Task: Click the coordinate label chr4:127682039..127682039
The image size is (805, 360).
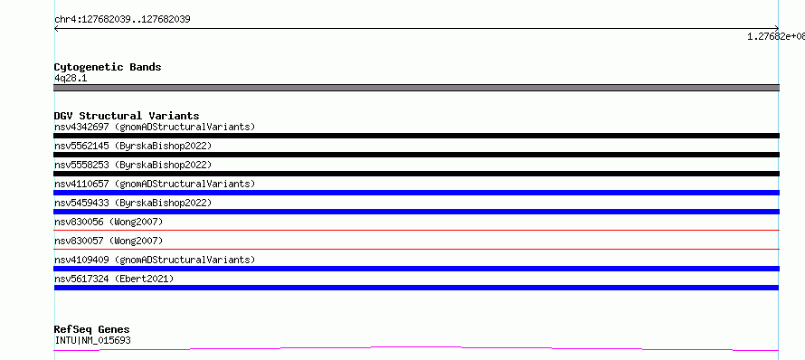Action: coord(122,20)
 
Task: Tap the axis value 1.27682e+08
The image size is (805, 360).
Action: coord(776,36)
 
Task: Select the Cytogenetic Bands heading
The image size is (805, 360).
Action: coord(108,67)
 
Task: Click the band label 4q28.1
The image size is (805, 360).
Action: coord(71,79)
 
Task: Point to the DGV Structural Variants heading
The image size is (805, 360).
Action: coord(127,116)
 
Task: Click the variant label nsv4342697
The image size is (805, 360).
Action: coord(81,127)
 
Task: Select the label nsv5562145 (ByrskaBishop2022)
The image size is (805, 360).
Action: coord(133,146)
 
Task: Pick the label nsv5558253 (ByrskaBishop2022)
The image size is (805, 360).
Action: coord(133,165)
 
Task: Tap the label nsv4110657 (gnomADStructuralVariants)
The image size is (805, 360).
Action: coord(155,184)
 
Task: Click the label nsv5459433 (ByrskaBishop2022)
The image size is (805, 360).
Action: coord(133,203)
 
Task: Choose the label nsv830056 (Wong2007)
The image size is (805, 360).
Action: coord(109,222)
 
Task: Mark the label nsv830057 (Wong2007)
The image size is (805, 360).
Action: coord(109,241)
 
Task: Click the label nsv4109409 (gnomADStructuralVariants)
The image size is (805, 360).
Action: coord(155,260)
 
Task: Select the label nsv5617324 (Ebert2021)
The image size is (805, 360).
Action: coord(114,279)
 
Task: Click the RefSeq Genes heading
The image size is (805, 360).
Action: coord(92,330)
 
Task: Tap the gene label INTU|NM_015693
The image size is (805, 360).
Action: coord(92,340)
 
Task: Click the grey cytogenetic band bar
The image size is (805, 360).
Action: coord(416,88)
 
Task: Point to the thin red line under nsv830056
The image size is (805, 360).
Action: coord(416,230)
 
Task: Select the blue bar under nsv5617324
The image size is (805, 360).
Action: coord(416,288)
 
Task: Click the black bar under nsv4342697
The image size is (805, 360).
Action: coord(416,136)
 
